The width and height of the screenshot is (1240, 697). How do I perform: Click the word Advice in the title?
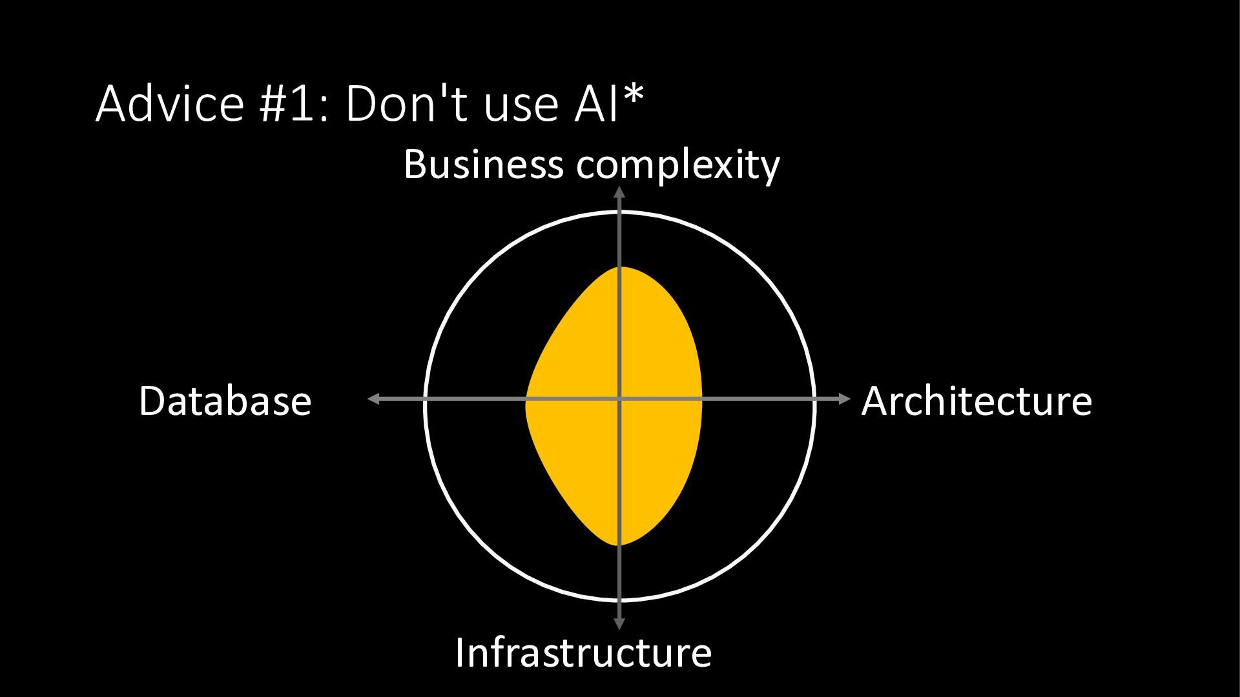coord(169,103)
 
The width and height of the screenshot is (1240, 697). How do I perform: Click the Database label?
coord(225,401)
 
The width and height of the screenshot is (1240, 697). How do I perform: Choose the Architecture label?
coord(976,401)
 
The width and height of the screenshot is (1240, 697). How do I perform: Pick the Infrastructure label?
coord(583,652)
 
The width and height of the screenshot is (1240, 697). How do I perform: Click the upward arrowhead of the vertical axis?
coord(619,192)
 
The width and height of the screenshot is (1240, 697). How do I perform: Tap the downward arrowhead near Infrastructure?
coord(619,623)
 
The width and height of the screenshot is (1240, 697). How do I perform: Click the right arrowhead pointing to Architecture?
coord(845,399)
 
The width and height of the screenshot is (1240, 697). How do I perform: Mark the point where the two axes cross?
coord(619,399)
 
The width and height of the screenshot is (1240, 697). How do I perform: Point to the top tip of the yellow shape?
coord(619,267)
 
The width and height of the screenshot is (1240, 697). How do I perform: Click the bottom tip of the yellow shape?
coord(619,545)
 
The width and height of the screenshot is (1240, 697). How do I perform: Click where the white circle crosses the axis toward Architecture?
coord(814,399)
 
